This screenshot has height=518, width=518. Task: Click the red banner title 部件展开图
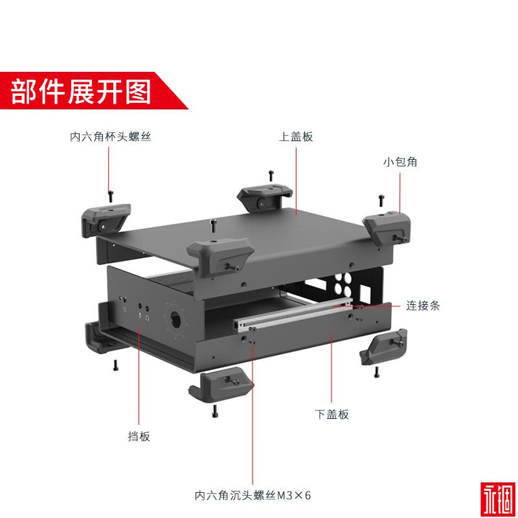click(x=81, y=91)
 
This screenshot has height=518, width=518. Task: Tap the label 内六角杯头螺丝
click(x=110, y=137)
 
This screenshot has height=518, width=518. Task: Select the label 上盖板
click(x=296, y=137)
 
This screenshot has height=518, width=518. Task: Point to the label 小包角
click(x=400, y=161)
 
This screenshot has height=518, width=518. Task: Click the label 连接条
click(x=423, y=306)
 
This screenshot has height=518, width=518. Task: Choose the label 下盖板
click(x=332, y=414)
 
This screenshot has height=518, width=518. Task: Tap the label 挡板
click(x=139, y=436)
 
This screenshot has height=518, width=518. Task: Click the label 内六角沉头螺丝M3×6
click(x=253, y=495)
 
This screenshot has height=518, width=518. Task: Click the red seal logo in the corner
click(x=498, y=499)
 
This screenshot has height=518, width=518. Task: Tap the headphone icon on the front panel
click(x=148, y=319)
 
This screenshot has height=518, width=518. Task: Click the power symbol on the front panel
click(x=125, y=310)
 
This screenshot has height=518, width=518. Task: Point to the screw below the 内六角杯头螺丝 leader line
click(x=110, y=196)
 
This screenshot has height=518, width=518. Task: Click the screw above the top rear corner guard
click(x=271, y=175)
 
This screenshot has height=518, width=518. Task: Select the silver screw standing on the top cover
click(x=213, y=225)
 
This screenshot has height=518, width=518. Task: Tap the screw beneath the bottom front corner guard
click(x=215, y=411)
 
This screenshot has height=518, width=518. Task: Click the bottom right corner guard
click(x=383, y=347)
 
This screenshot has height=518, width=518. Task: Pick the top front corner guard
click(x=220, y=256)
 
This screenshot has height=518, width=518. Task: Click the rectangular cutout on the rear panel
click(x=366, y=293)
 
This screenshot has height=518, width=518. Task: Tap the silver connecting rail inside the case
click(x=293, y=314)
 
